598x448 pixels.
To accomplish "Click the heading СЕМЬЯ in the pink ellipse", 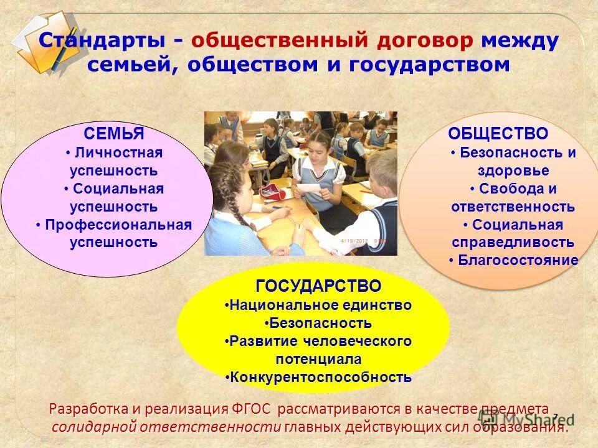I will tap(114, 134).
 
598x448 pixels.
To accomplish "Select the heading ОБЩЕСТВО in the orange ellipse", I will tap(498, 134).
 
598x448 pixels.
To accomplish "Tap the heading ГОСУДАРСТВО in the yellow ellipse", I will tap(318, 286).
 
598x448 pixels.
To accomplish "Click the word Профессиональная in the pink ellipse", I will tap(118, 225).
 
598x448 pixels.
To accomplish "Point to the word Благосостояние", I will tap(518, 260).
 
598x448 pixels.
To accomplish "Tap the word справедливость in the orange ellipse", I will tap(513, 243).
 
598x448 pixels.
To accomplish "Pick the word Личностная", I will tap(118, 152).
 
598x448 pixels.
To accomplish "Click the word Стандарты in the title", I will tap(103, 41).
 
